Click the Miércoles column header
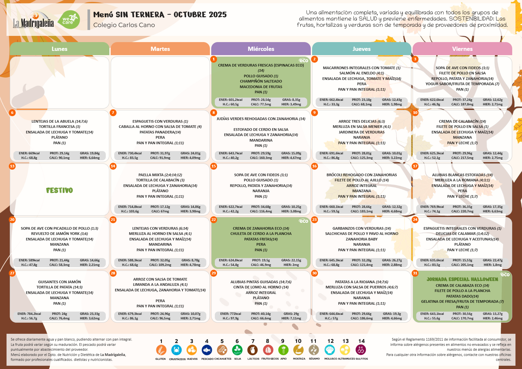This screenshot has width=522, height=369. tap(261, 49)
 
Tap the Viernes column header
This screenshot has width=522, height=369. tap(462, 49)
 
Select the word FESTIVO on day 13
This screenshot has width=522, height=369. tap(59, 190)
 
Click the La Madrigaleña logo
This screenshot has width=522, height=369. tap(33, 21)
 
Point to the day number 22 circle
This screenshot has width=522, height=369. tap(214, 220)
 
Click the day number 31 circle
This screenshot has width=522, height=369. tap(415, 273)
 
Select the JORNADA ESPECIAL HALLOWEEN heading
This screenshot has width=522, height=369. tap(462, 279)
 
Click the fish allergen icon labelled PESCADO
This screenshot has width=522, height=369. tap(207, 350)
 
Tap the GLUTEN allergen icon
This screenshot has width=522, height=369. tap(161, 350)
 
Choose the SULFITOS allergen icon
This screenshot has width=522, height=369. tap(361, 350)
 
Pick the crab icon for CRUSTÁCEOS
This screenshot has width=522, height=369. tap(176, 350)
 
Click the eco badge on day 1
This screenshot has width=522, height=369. tap(304, 60)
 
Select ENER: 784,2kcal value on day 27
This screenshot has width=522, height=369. tap(29, 314)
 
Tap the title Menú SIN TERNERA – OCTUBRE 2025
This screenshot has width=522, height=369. tap(160, 15)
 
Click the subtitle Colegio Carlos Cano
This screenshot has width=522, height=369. tap(124, 25)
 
